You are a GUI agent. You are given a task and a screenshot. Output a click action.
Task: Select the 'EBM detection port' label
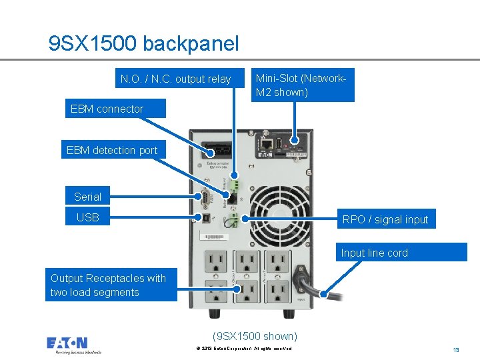tap(112, 150)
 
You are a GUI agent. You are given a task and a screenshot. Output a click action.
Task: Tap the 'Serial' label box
tap(87, 197)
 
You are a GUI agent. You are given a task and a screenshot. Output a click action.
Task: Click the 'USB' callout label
tap(87, 217)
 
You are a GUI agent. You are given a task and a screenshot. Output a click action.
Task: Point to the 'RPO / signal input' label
tap(385, 219)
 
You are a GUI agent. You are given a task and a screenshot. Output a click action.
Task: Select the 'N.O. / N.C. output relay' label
tap(175, 79)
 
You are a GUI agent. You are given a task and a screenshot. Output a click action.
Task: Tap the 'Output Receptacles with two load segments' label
tap(111, 285)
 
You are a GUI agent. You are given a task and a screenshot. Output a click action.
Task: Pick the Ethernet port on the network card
tap(266, 142)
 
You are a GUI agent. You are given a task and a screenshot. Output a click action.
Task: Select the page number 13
tap(456, 349)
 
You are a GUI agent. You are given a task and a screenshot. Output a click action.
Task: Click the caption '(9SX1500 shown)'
tap(255, 336)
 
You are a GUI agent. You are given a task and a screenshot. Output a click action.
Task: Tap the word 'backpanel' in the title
tap(191, 43)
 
